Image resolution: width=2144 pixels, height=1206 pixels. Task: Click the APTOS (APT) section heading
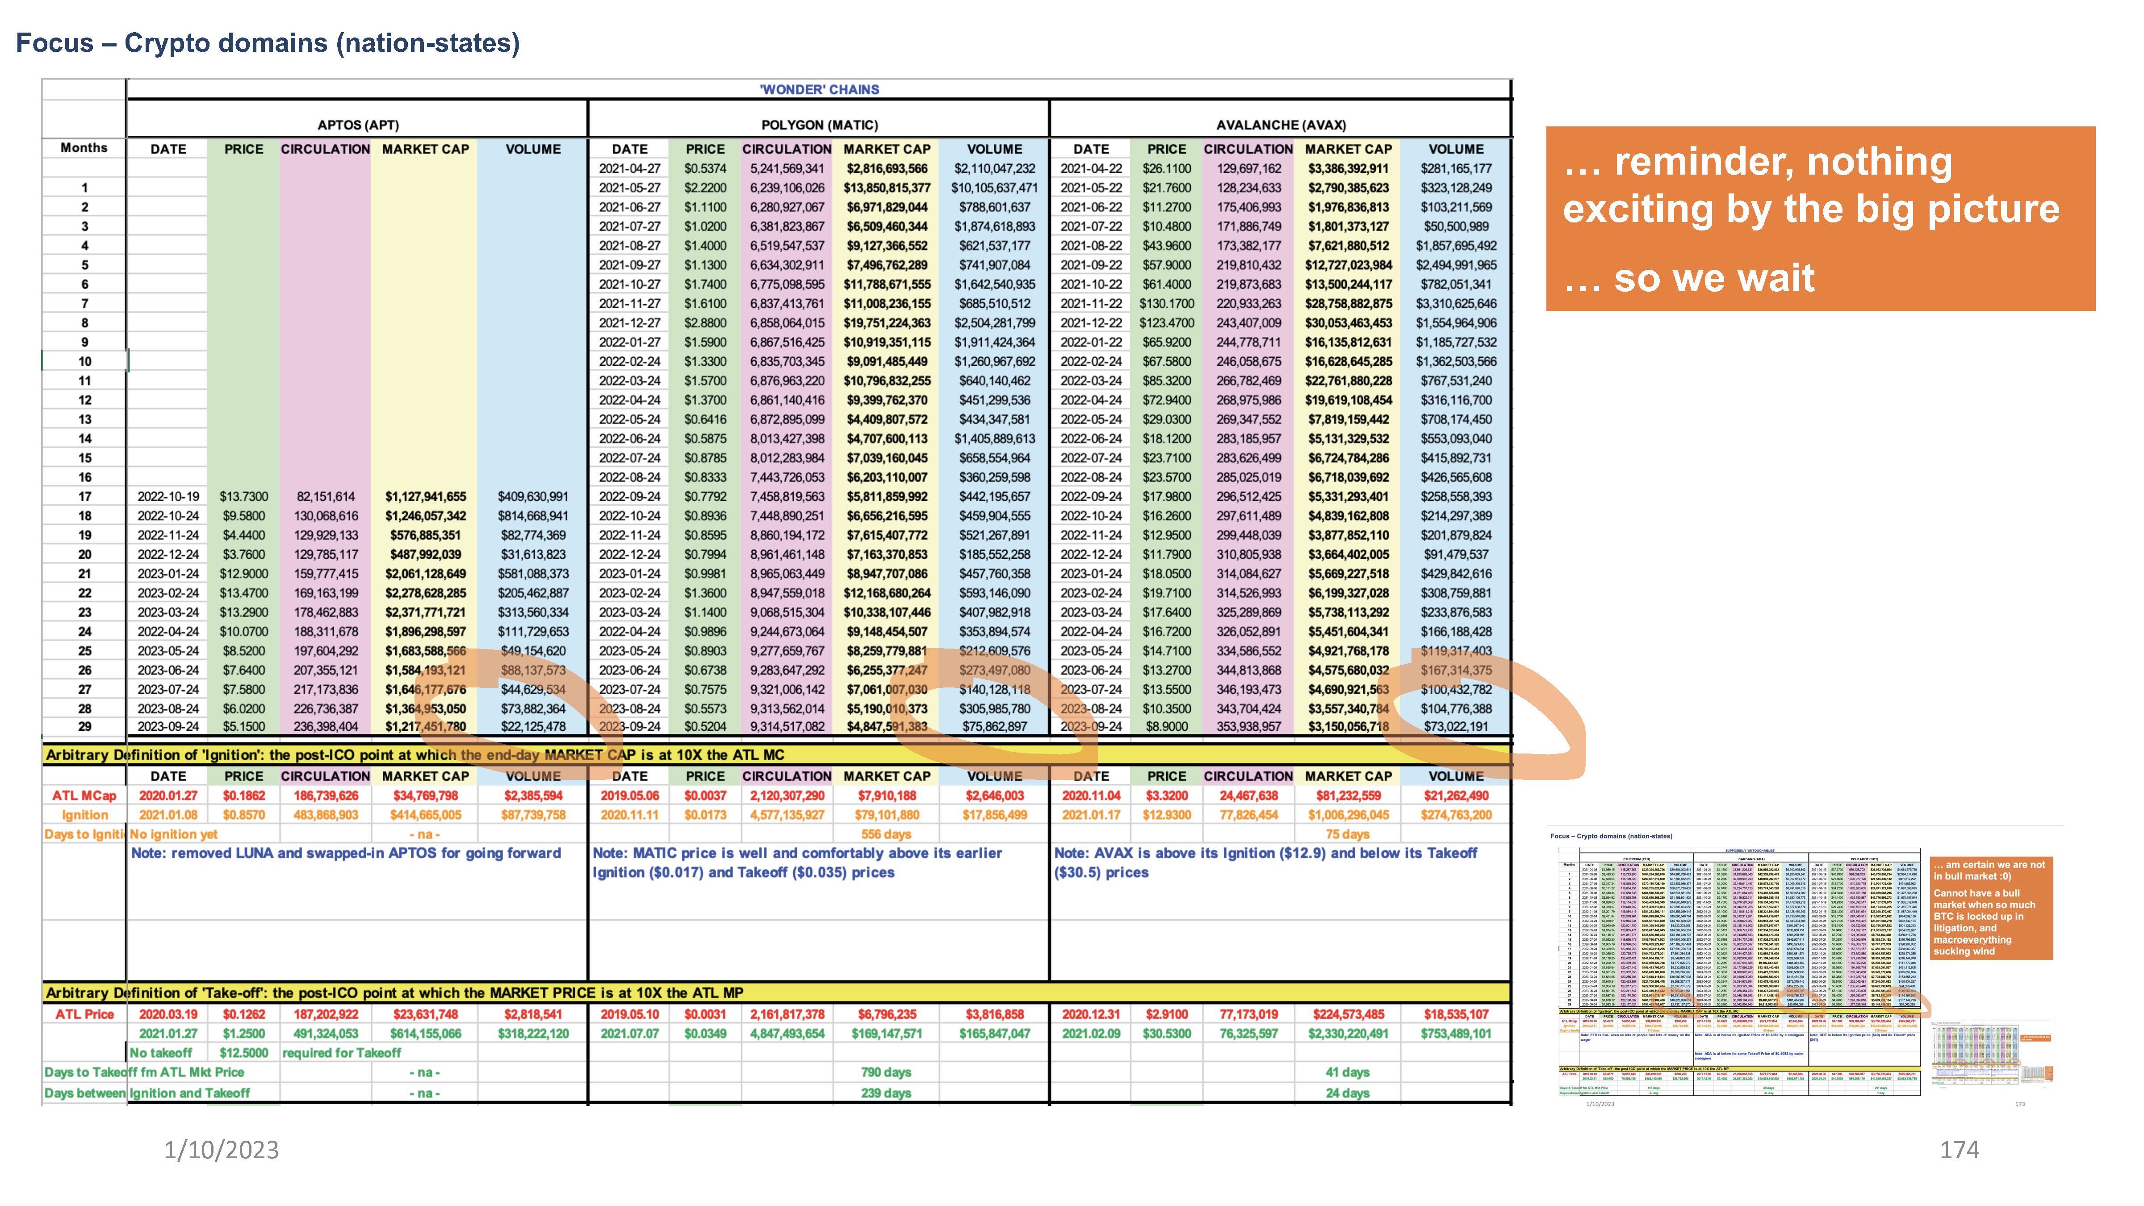pyautogui.click(x=358, y=125)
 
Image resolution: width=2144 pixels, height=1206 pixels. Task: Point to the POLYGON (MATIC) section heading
pyautogui.click(x=819, y=125)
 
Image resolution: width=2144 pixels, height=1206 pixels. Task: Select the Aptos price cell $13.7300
pyautogui.click(x=244, y=496)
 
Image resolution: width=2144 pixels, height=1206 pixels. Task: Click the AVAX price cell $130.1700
pyautogui.click(x=1166, y=304)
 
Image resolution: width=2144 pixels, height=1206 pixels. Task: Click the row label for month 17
pyautogui.click(x=84, y=496)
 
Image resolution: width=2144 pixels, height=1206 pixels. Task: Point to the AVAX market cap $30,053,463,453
pyautogui.click(x=1348, y=323)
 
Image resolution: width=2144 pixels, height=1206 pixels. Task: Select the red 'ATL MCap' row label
pyautogui.click(x=84, y=796)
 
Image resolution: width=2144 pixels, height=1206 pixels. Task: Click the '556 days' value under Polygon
pyautogui.click(x=886, y=834)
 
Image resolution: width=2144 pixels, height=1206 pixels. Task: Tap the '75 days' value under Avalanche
pyautogui.click(x=1348, y=834)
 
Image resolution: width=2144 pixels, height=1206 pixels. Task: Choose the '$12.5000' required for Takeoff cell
pyautogui.click(x=244, y=1053)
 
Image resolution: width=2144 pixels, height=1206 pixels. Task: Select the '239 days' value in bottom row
pyautogui.click(x=886, y=1093)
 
